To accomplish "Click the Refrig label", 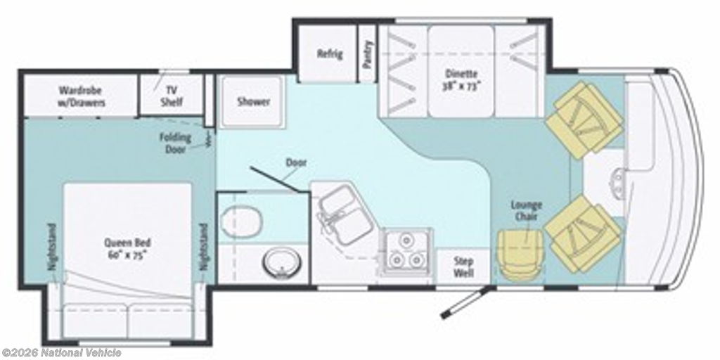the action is [x=330, y=53].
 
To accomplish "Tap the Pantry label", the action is [x=367, y=55].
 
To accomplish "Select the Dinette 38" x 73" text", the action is [x=461, y=79].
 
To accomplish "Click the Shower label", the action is [x=253, y=101].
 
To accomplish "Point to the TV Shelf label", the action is [x=172, y=96].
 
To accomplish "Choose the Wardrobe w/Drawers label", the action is [x=81, y=96].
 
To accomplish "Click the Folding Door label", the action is [x=175, y=143].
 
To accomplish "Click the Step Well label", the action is [x=463, y=266].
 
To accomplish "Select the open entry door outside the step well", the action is [x=467, y=301].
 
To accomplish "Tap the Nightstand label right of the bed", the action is [x=203, y=247].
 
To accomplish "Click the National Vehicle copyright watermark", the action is [x=61, y=353].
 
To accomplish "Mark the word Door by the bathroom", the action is [x=296, y=162].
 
